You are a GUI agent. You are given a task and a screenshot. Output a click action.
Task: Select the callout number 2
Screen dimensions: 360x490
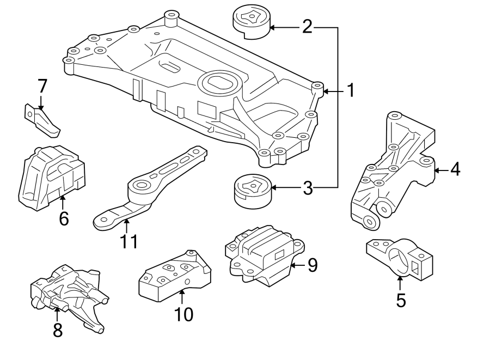point(308,27)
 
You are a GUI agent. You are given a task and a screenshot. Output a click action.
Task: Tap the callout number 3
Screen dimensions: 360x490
point(308,188)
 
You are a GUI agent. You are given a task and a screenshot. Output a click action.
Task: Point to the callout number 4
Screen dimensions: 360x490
point(455,169)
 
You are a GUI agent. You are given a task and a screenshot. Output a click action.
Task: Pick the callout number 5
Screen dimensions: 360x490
point(401,300)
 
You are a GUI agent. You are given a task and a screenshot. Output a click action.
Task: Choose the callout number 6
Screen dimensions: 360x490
point(64,219)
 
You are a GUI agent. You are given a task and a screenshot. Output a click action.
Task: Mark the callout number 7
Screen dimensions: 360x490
point(42,86)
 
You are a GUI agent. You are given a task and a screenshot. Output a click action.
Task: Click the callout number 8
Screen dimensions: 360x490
point(57,330)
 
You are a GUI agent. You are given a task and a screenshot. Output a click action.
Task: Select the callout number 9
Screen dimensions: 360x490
point(311,265)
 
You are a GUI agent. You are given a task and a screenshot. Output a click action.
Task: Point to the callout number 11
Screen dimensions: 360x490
point(129,241)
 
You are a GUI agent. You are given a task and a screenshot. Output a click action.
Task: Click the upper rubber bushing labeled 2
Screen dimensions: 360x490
point(252,23)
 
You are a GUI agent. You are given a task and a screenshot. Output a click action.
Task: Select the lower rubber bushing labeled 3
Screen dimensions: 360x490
point(253,191)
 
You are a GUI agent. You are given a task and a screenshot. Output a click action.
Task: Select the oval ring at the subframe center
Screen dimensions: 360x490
point(218,84)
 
